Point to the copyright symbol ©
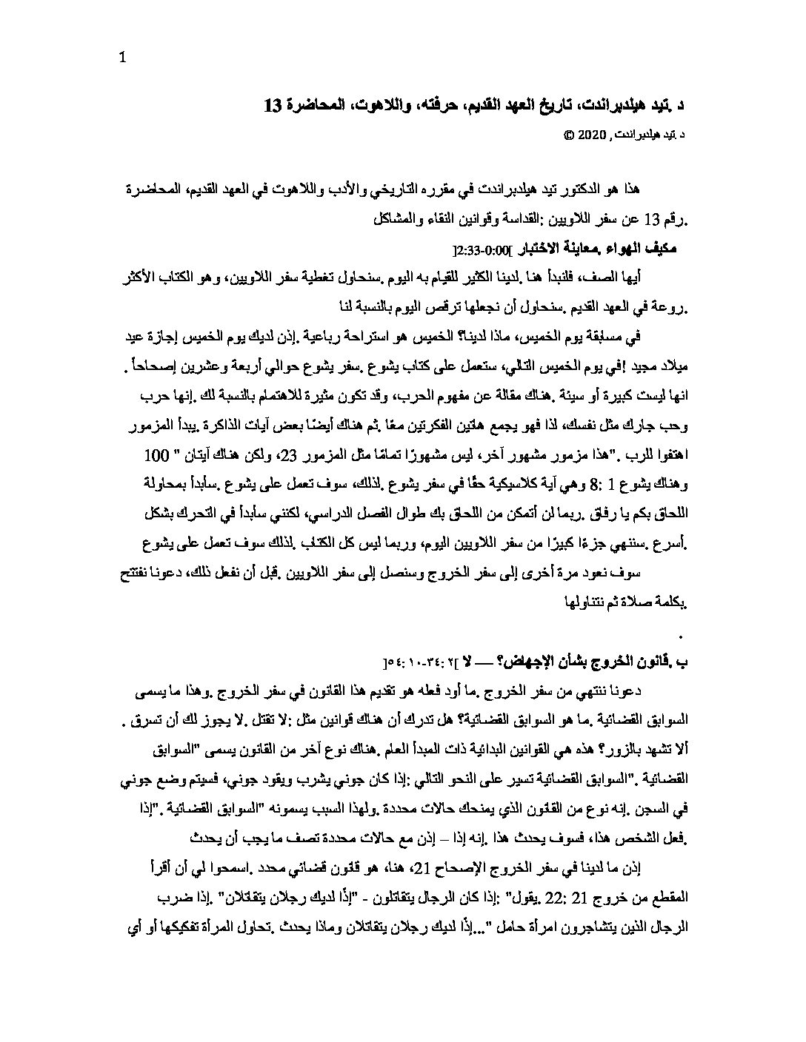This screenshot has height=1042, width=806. coord(568,135)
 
